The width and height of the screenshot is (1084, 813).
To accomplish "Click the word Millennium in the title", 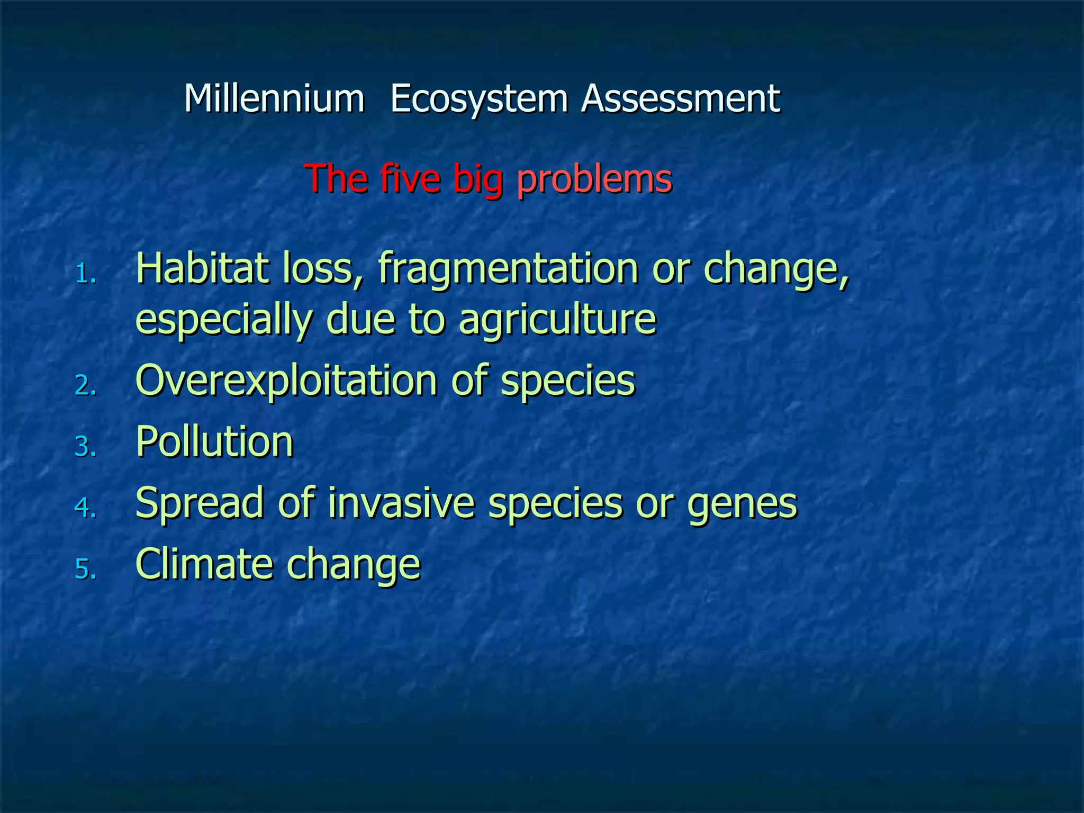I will pyautogui.click(x=274, y=99).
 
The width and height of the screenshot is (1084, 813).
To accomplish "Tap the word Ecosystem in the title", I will pyautogui.click(x=479, y=99).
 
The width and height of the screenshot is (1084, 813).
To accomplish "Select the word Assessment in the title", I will pyautogui.click(x=681, y=99).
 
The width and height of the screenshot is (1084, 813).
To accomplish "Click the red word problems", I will pyautogui.click(x=594, y=179).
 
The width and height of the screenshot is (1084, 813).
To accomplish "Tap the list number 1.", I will pyautogui.click(x=85, y=274).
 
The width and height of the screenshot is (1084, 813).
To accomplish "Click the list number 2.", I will pyautogui.click(x=85, y=386).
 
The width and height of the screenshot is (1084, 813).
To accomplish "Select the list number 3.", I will pyautogui.click(x=85, y=447).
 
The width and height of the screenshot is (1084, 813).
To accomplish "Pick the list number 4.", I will pyautogui.click(x=85, y=508).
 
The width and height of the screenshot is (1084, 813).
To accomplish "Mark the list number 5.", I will pyautogui.click(x=85, y=570).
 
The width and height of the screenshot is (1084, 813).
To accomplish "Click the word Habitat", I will pyautogui.click(x=202, y=268).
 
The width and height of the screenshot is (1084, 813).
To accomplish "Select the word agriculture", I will pyautogui.click(x=557, y=320).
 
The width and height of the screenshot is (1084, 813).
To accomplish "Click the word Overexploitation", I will pyautogui.click(x=286, y=381).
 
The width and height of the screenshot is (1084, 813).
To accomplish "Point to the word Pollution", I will pyautogui.click(x=214, y=441).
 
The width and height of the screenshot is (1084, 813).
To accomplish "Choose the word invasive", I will pyautogui.click(x=401, y=503).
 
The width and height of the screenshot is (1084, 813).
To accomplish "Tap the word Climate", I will pyautogui.click(x=204, y=564).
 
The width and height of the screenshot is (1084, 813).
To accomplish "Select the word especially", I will pyautogui.click(x=223, y=320).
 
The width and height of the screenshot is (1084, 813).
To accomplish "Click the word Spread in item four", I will pyautogui.click(x=200, y=503).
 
